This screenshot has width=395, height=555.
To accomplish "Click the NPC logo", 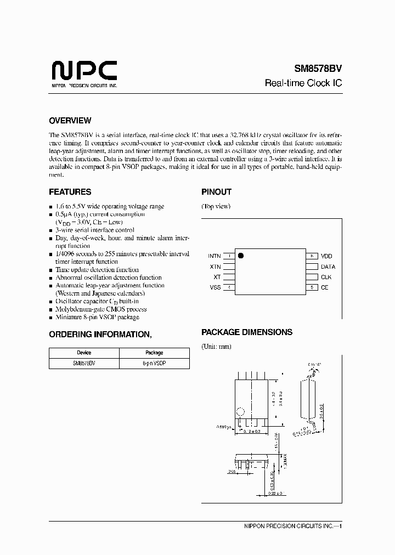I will (84, 72).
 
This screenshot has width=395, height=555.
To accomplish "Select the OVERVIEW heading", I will (70, 121).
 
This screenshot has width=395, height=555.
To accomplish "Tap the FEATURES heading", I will (70, 192).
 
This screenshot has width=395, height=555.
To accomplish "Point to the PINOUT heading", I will (216, 192).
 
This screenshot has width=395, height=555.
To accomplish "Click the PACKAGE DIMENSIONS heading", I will (247, 332).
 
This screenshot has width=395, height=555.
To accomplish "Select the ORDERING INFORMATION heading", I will (100, 334).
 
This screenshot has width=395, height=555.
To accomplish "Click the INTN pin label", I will (214, 256).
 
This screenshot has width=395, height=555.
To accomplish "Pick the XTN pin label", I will (215, 267).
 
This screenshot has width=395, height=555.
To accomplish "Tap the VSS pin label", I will (215, 287).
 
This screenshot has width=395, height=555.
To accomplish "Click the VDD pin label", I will (327, 256).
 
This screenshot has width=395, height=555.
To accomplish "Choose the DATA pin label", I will (328, 267).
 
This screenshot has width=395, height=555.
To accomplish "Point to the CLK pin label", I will (326, 277).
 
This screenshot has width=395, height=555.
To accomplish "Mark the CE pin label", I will (325, 287).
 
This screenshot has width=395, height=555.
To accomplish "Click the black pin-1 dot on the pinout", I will (240, 256).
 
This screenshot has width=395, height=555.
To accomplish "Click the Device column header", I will (84, 353).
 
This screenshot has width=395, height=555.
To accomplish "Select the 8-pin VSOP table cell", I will (154, 363).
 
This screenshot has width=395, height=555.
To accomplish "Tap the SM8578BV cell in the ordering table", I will (84, 363).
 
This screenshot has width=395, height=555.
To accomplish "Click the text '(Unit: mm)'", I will (217, 347).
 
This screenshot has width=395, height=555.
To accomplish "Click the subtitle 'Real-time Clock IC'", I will (304, 83).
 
